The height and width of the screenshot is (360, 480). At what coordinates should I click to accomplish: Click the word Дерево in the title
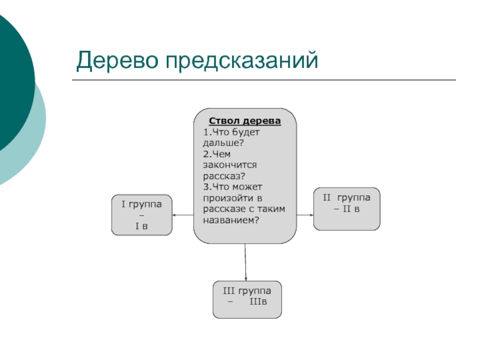(x=117, y=60)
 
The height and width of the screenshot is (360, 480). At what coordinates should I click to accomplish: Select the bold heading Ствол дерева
(x=245, y=121)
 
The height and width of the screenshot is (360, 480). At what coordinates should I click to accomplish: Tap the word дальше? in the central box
(x=223, y=143)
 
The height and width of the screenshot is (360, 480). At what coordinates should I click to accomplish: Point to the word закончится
(x=230, y=164)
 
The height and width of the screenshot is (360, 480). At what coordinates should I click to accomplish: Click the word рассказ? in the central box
(x=224, y=176)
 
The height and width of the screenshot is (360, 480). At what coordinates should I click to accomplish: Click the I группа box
(x=142, y=215)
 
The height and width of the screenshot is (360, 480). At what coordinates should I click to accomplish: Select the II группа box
(x=347, y=209)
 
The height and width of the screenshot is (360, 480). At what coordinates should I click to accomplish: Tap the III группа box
(x=247, y=299)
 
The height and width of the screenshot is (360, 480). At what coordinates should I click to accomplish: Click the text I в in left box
(x=142, y=226)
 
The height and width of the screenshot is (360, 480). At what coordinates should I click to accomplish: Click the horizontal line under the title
(x=264, y=80)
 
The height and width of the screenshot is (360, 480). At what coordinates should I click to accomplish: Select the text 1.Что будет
(x=224, y=132)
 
